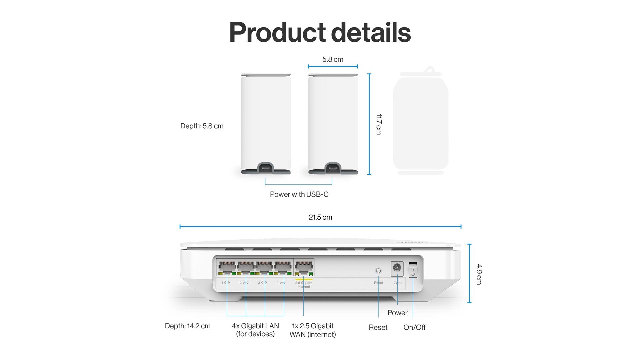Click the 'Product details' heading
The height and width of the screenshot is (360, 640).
[320, 32]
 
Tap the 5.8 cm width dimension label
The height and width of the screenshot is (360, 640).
[333, 60]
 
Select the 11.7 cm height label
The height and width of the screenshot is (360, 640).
[379, 124]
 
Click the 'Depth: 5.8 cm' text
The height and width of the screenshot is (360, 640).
[202, 126]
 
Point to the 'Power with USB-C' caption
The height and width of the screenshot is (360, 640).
[299, 194]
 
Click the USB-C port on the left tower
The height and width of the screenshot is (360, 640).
[265, 168]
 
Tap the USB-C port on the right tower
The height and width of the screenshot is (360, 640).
[333, 168]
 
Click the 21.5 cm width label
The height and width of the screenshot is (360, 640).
[320, 217]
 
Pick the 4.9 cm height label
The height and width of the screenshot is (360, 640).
[479, 274]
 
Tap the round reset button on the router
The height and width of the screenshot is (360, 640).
[378, 271]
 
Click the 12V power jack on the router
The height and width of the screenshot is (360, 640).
[397, 268]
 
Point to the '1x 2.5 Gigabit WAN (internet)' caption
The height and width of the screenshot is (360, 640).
[313, 330]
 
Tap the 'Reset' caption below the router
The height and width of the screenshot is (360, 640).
[378, 327]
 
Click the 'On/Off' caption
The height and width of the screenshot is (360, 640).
[414, 327]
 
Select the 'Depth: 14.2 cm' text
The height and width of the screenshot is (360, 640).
[188, 326]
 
